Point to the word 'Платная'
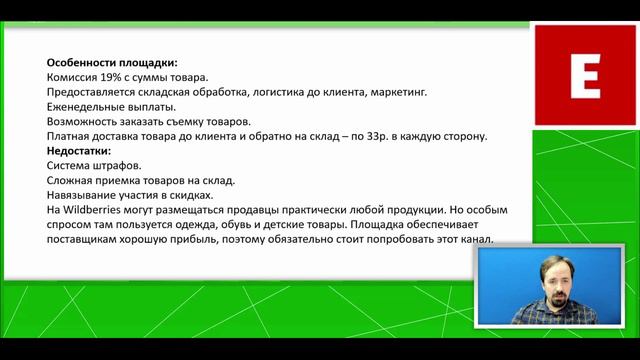[70, 135]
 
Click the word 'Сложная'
[73, 180]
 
